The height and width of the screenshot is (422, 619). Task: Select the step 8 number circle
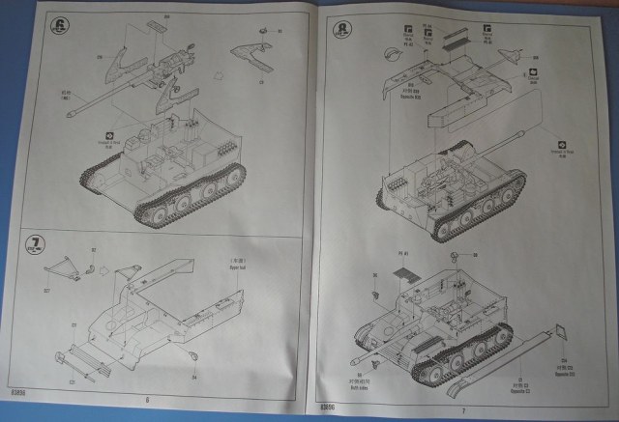340,30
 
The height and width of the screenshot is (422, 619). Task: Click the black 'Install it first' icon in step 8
560,139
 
